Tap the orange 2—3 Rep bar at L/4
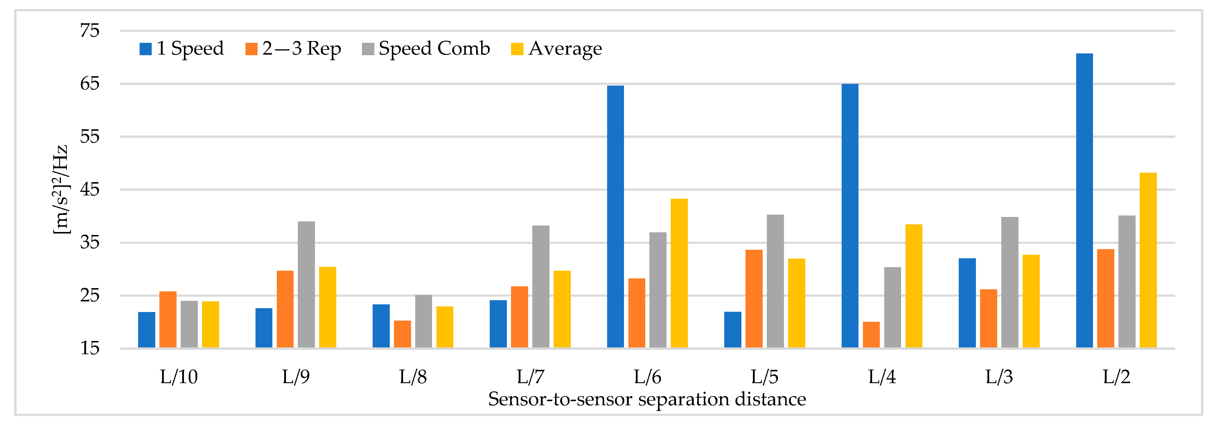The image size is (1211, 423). point(871,335)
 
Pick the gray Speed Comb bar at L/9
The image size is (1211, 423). point(306,285)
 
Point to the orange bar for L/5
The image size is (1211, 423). point(754,299)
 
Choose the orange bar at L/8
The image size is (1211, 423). point(402,334)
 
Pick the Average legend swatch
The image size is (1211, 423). point(517,49)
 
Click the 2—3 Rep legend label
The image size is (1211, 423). point(301,48)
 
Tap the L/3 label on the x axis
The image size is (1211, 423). point(999,377)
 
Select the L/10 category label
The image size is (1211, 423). point(179,377)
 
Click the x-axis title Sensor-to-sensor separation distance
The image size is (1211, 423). point(647,399)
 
